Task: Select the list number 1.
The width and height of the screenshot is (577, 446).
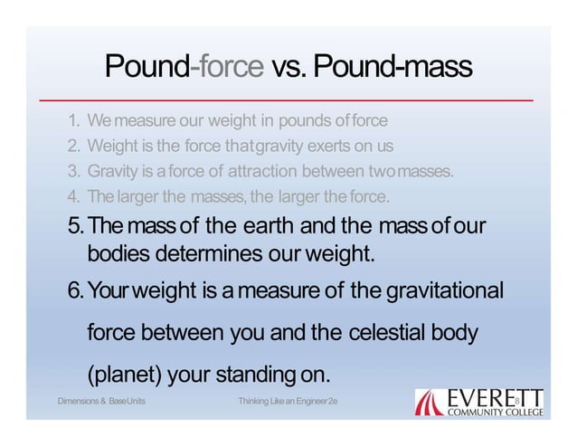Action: tap(71, 119)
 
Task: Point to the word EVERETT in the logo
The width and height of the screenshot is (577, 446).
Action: tap(494, 395)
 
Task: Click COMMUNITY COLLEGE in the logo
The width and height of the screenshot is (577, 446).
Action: tap(494, 412)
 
